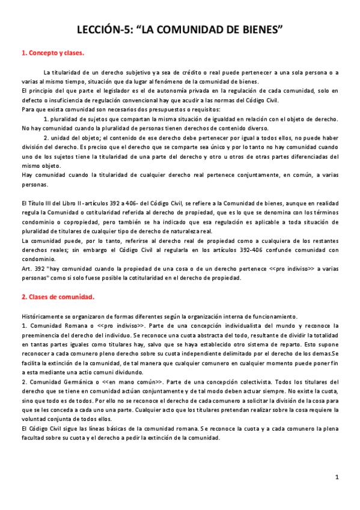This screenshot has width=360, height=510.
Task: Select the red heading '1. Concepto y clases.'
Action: pos(52,53)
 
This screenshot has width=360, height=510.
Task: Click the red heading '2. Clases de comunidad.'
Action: pos(58,296)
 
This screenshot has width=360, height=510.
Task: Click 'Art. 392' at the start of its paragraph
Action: pos(33,269)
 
